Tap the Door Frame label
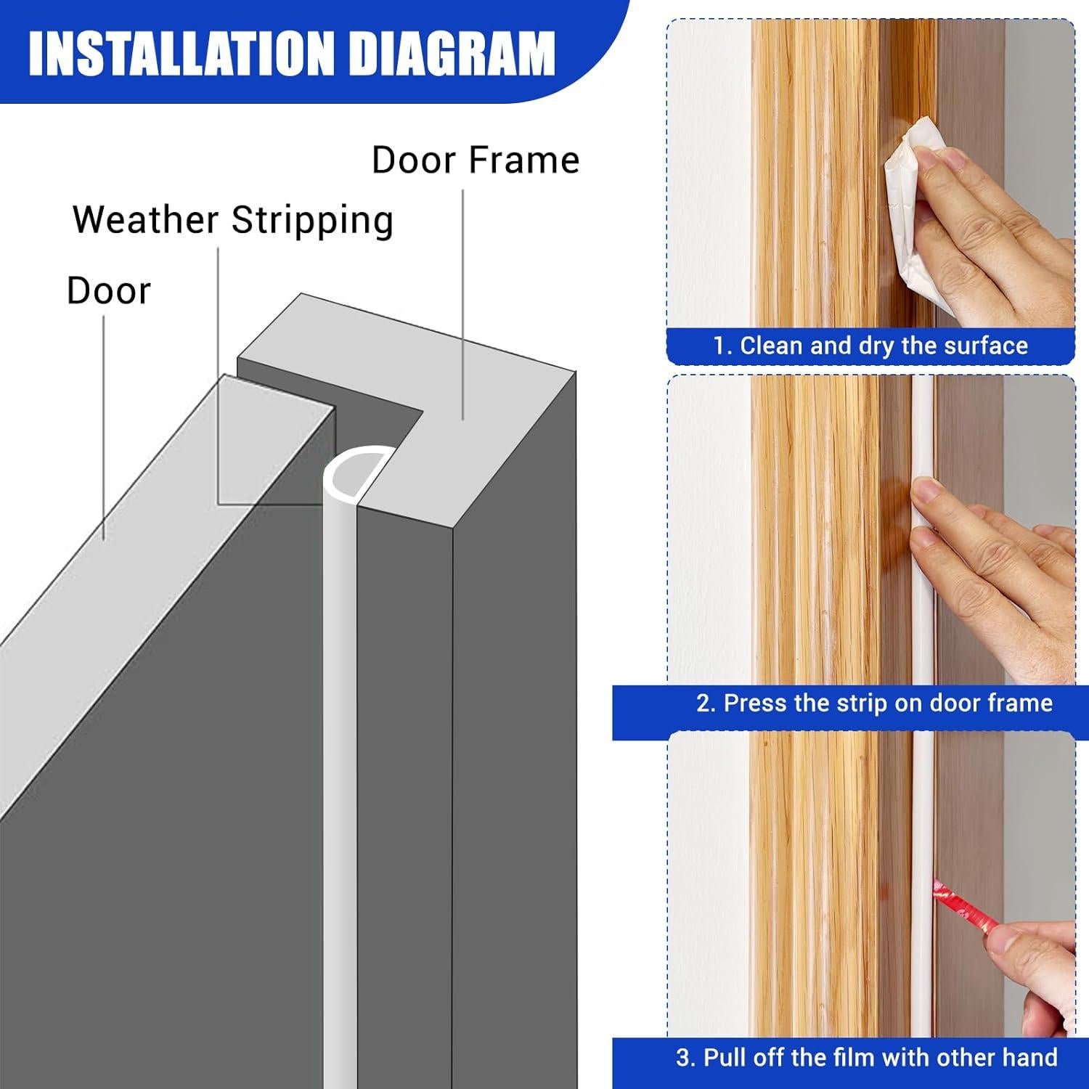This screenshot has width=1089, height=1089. (x=476, y=160)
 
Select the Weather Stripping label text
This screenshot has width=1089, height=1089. (x=233, y=220)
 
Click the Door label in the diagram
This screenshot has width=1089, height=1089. (x=109, y=291)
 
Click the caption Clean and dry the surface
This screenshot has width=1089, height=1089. (x=883, y=346)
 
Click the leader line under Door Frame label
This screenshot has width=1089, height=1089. (x=463, y=305)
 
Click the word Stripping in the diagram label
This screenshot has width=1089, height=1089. (x=312, y=220)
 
